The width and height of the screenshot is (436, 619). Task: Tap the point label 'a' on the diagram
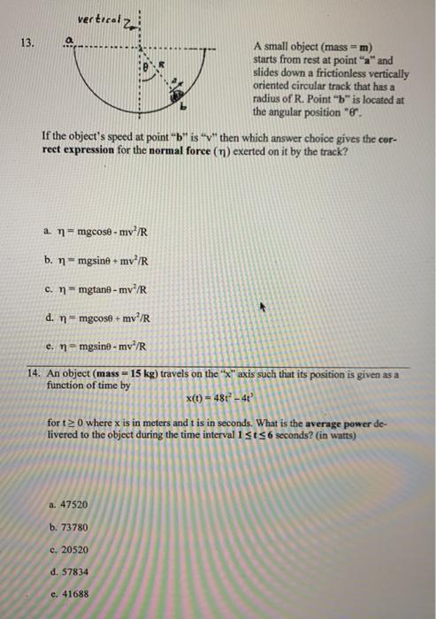pos(79,39)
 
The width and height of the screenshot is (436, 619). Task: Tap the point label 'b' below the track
pos(184,106)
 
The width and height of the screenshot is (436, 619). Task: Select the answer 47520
pos(73,504)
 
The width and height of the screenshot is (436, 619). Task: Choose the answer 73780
pos(73,526)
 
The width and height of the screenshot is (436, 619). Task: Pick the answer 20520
pos(73,549)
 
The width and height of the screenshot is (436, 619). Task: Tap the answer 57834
pos(73,571)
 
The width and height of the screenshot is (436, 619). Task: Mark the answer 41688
pos(73,594)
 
